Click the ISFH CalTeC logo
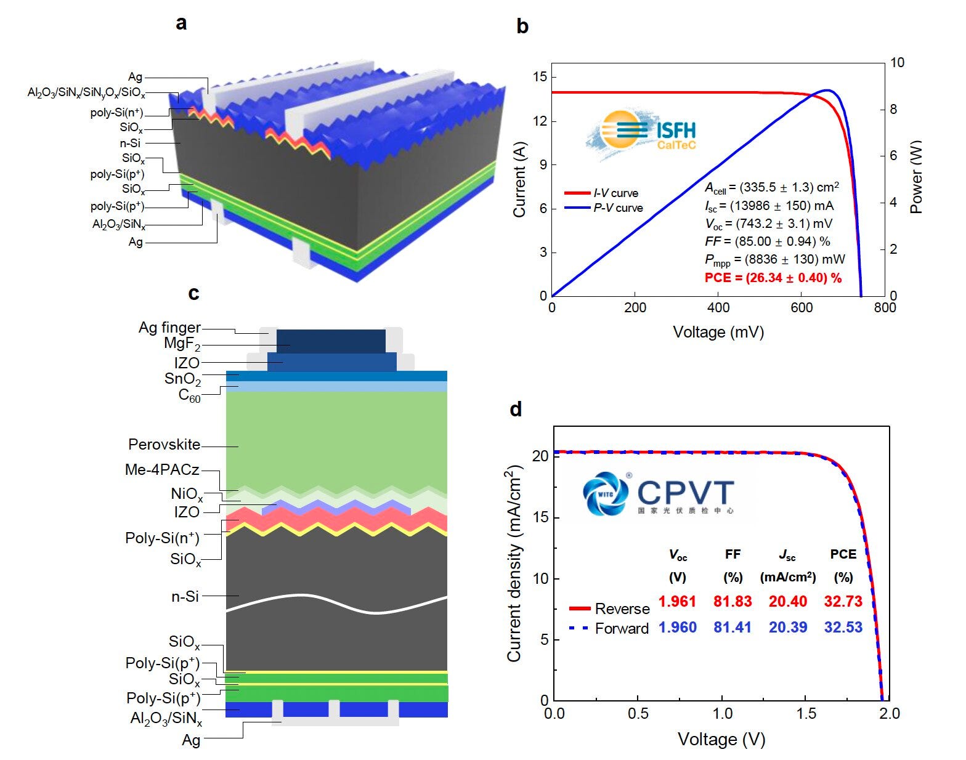(x=641, y=132)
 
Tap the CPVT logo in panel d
(x=659, y=493)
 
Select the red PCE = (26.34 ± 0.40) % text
(x=773, y=278)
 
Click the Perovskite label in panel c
(x=164, y=445)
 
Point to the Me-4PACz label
(x=162, y=470)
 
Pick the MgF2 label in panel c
(x=182, y=344)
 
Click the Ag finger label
(x=169, y=328)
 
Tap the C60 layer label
(x=189, y=395)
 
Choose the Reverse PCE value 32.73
(x=843, y=601)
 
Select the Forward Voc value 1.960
(x=677, y=627)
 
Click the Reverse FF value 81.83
(x=733, y=601)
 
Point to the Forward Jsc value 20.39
(x=787, y=627)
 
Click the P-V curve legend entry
(x=618, y=208)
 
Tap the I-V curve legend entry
(x=615, y=193)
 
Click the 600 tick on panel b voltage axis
(x=802, y=308)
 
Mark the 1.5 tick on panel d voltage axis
(x=806, y=713)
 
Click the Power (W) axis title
(x=917, y=177)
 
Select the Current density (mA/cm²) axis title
(x=514, y=564)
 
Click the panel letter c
(x=193, y=294)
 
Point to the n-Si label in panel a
(x=130, y=143)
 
